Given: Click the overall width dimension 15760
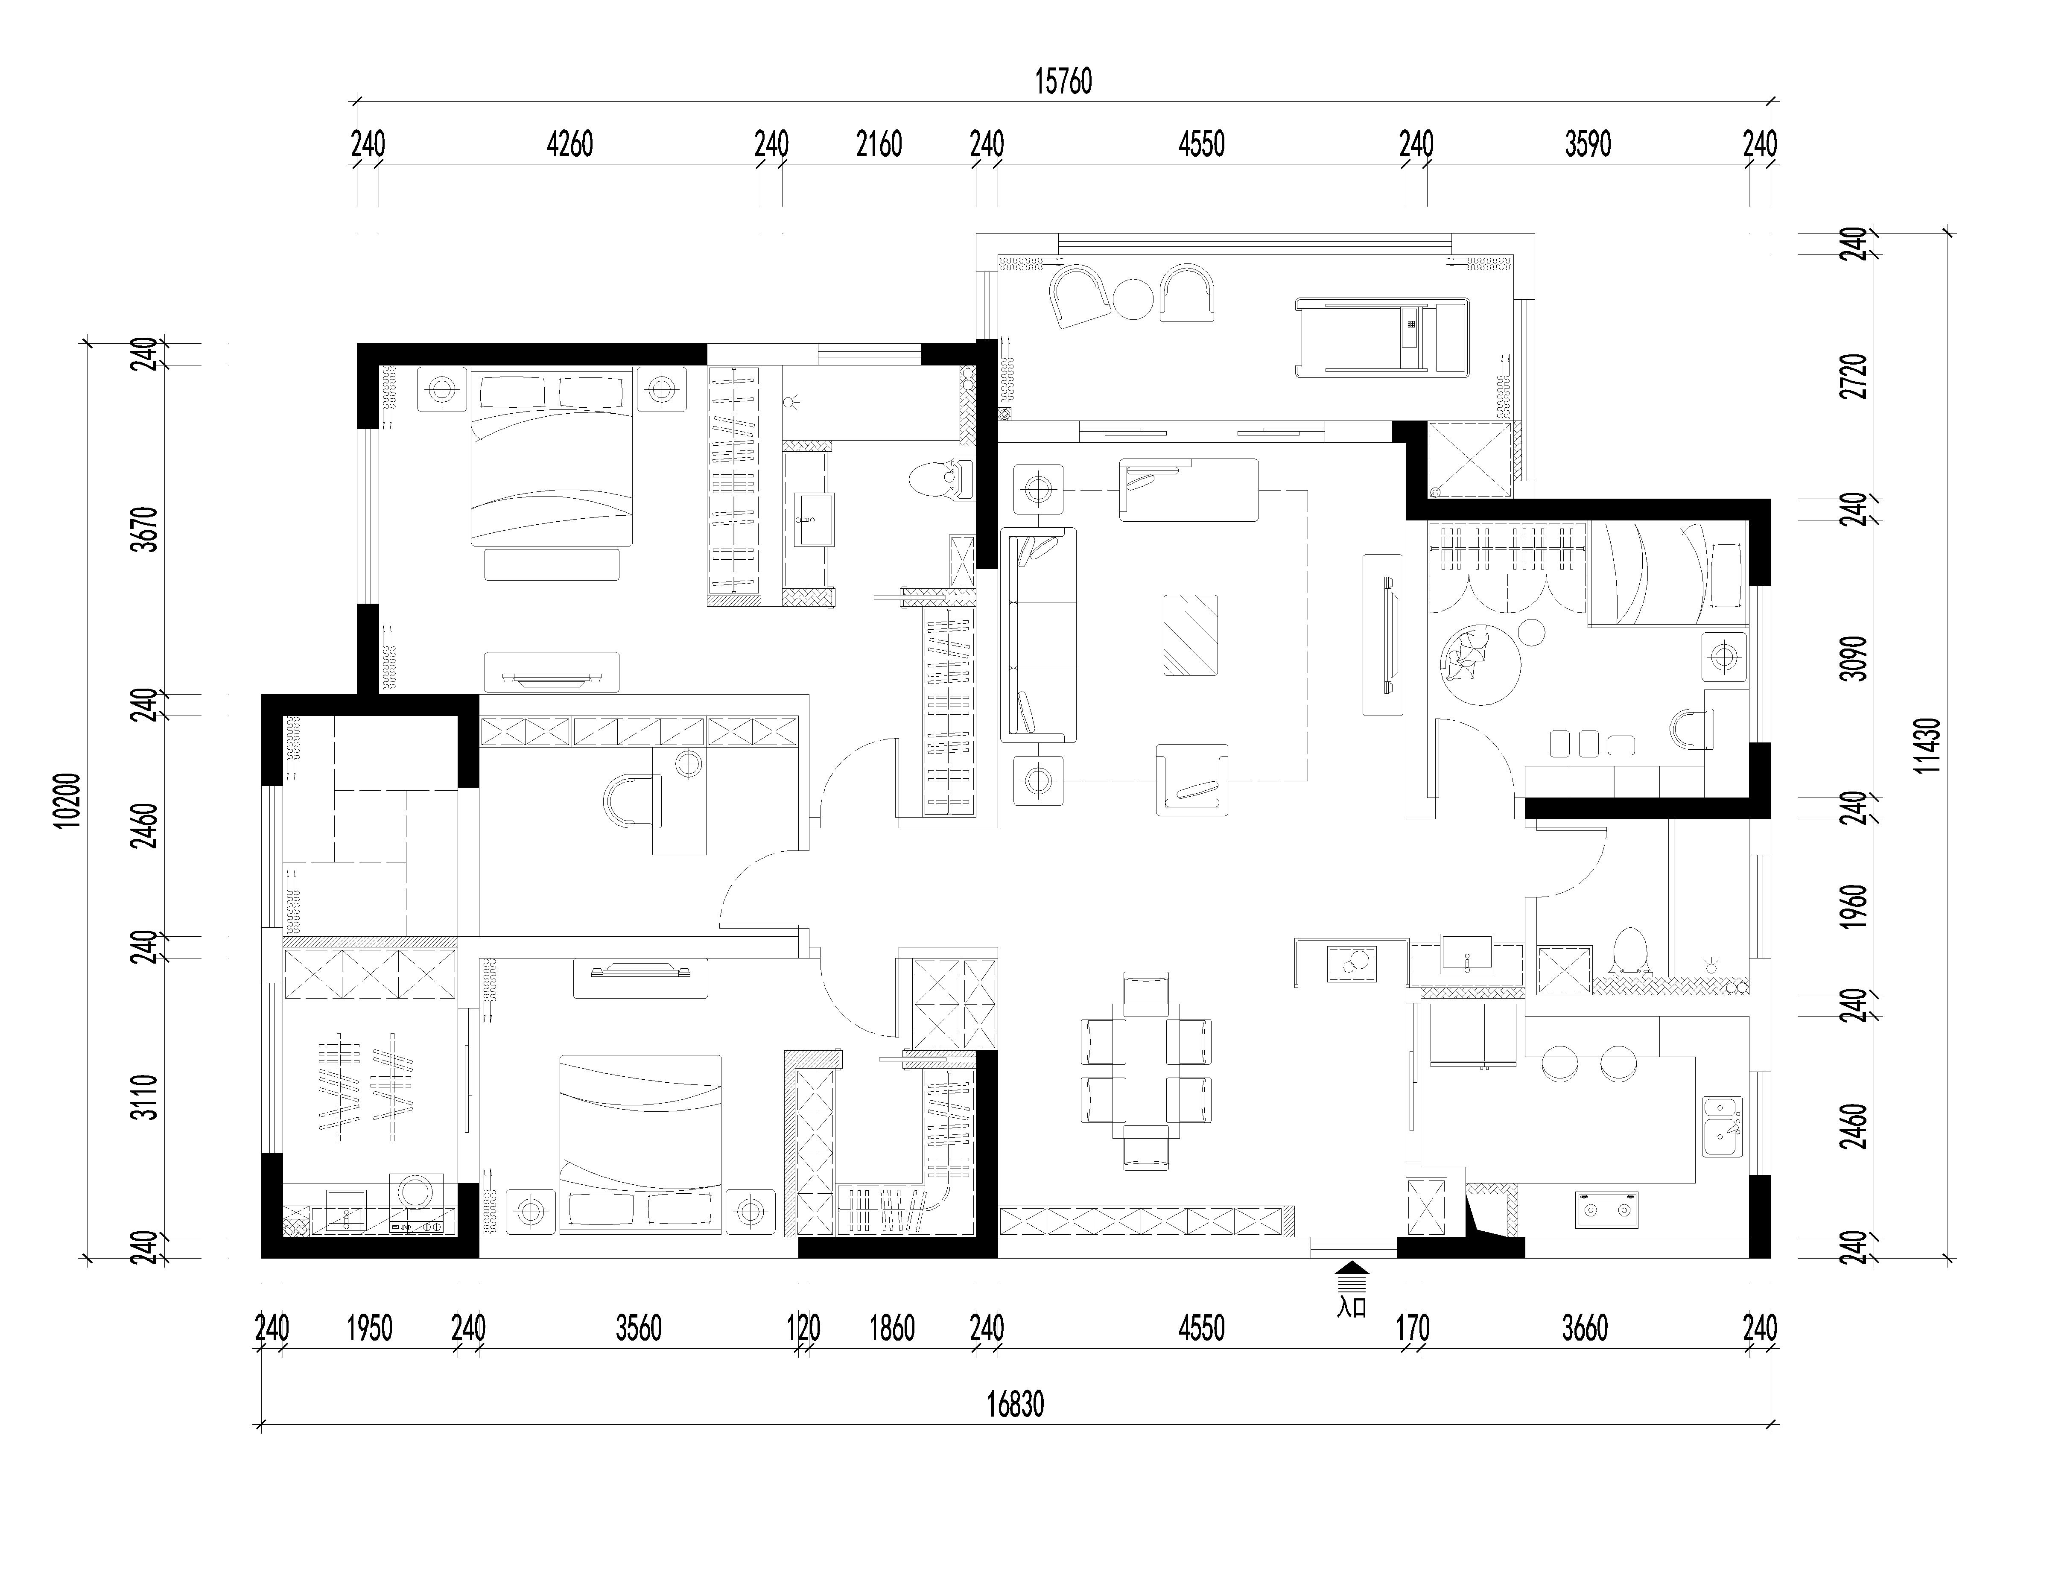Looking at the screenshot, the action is click(1063, 82).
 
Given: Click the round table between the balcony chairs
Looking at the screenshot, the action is click(1133, 299).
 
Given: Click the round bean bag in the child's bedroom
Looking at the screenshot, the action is click(1480, 664).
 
